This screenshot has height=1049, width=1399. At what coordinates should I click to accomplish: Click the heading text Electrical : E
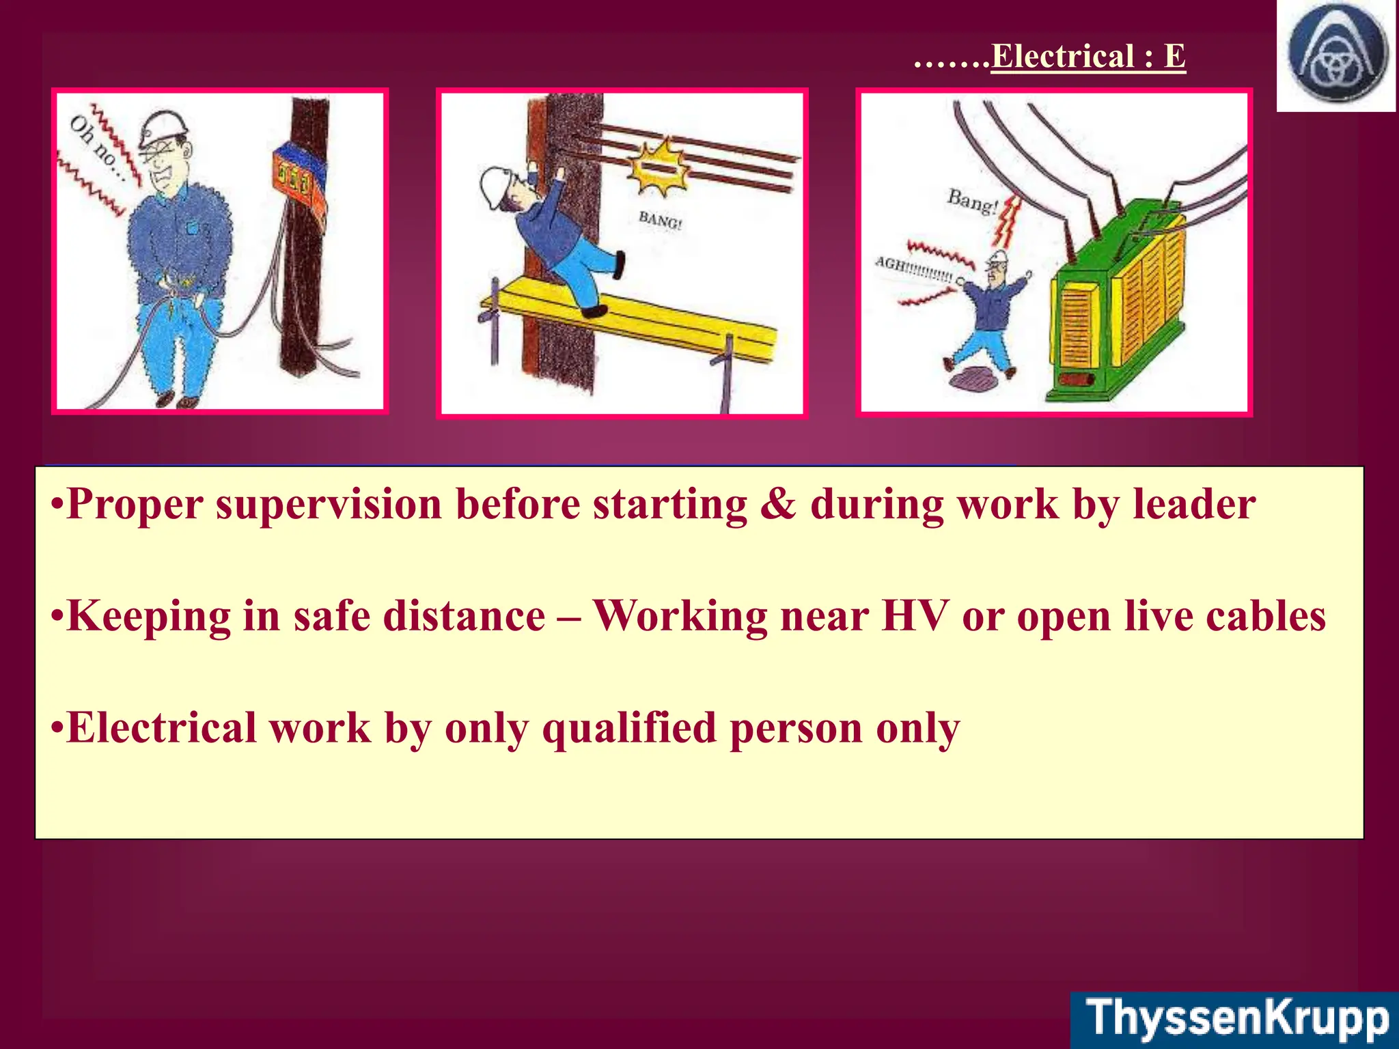tap(1088, 56)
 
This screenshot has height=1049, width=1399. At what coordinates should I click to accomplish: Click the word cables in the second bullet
tap(1265, 616)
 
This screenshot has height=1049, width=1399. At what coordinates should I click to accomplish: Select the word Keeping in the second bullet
tap(148, 617)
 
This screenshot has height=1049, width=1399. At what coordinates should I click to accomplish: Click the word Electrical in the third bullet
tap(161, 728)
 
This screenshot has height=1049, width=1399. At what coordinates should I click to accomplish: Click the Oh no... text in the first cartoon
tap(96, 148)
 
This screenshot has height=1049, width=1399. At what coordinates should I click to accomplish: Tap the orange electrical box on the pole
tap(299, 179)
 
